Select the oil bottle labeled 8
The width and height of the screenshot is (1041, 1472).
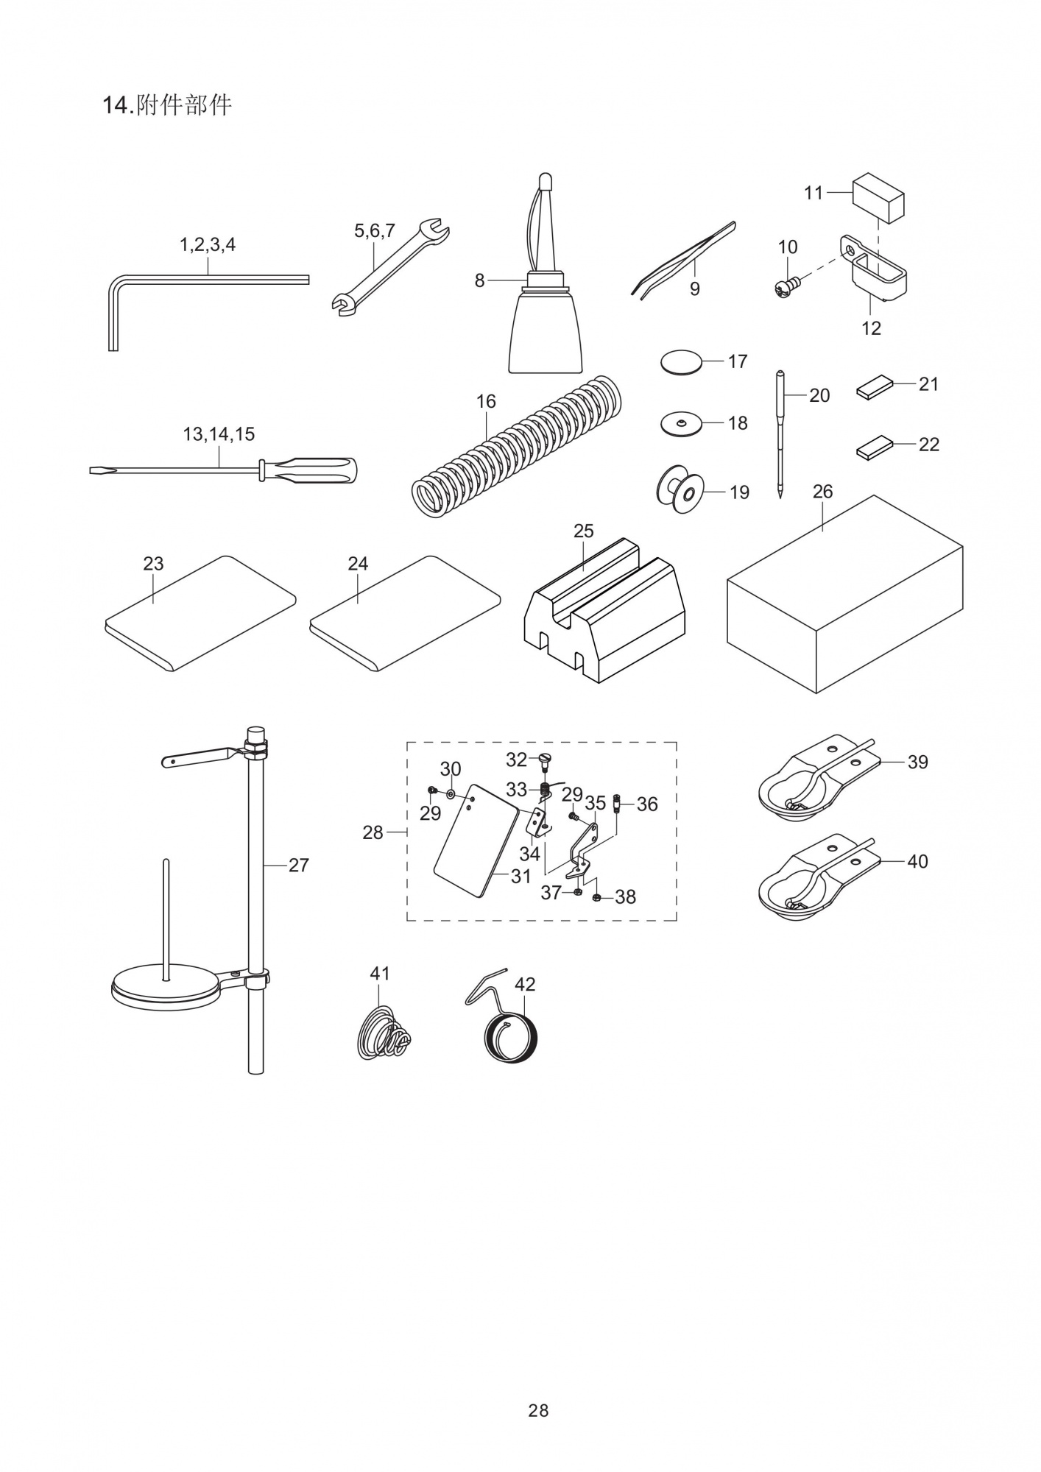pyautogui.click(x=546, y=331)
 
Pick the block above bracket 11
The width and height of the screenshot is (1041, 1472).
pyautogui.click(x=878, y=197)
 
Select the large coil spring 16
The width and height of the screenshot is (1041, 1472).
pyautogui.click(x=515, y=449)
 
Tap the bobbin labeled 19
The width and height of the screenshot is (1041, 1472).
pyautogui.click(x=679, y=491)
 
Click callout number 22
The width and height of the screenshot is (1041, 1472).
pyautogui.click(x=928, y=445)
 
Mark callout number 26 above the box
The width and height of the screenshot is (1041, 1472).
pyautogui.click(x=822, y=492)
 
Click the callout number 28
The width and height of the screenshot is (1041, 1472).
pyautogui.click(x=373, y=832)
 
